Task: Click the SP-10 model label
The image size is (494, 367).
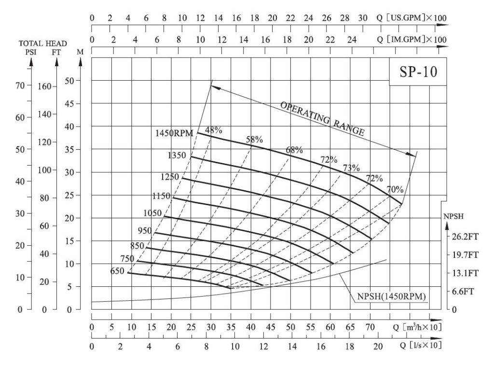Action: coord(418,73)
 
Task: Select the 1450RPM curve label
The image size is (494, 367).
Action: coord(174,133)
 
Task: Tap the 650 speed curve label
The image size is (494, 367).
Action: coord(117,271)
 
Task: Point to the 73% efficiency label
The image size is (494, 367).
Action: coord(351,168)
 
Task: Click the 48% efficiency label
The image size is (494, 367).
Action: coord(213,130)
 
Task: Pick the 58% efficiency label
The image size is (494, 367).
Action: coord(254,140)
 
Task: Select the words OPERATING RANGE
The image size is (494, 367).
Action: coord(322,119)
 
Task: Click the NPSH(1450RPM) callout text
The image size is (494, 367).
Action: coord(392,297)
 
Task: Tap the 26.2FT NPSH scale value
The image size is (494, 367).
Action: coord(465,237)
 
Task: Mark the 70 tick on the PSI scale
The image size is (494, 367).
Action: coord(20,85)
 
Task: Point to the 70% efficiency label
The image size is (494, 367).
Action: coord(395,189)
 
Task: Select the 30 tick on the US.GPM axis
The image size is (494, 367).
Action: coord(363,18)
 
